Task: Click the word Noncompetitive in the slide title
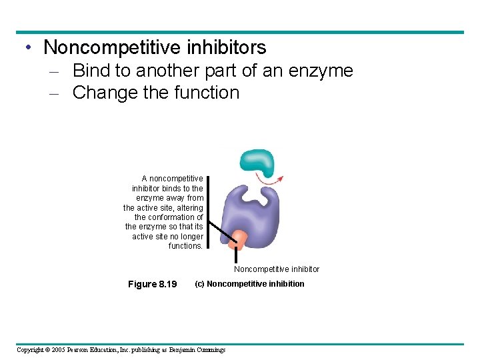point(111,47)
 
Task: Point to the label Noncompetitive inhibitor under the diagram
point(277,269)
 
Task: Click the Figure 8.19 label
point(152,285)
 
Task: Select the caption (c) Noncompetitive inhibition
point(249,284)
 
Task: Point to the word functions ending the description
point(186,246)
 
